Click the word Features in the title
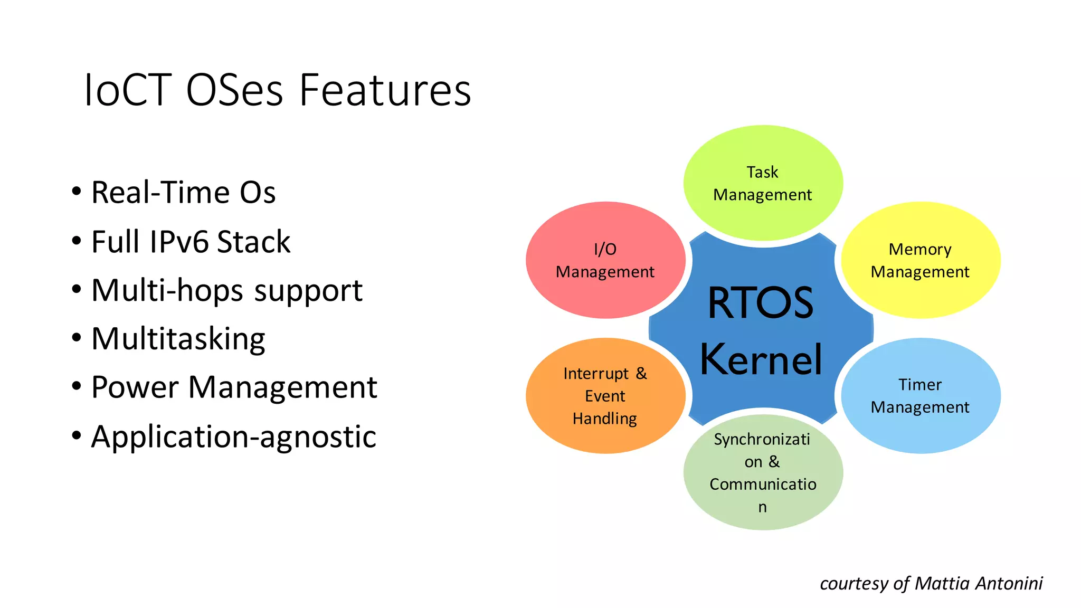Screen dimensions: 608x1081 point(385,91)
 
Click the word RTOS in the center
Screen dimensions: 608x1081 point(760,303)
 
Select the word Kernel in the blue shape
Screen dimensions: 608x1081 point(761,360)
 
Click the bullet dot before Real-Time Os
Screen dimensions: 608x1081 point(77,192)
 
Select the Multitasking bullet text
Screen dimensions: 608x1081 point(178,339)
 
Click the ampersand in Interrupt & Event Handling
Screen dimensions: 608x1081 point(641,373)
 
